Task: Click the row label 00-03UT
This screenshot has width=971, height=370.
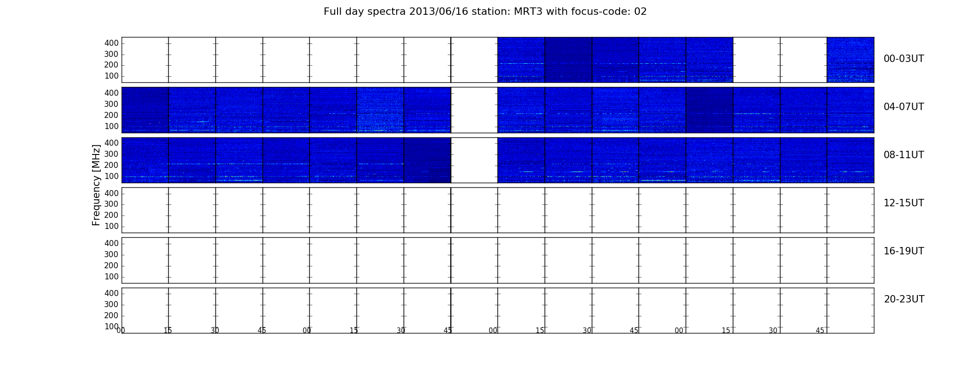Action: click(x=903, y=59)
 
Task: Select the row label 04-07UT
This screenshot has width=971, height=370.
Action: click(x=903, y=107)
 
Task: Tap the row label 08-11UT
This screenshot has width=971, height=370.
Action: click(x=903, y=155)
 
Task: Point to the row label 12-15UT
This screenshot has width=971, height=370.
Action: click(x=903, y=203)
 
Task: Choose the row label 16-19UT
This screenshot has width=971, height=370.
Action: click(x=903, y=251)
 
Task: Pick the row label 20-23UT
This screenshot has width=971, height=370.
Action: click(x=904, y=299)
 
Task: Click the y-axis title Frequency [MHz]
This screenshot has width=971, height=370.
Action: click(x=96, y=185)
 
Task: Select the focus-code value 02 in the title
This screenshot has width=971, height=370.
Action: click(x=640, y=12)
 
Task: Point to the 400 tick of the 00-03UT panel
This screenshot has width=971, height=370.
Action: click(x=111, y=43)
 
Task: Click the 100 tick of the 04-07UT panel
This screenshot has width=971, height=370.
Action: click(x=111, y=126)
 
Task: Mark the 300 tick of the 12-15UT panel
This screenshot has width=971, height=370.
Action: click(x=111, y=204)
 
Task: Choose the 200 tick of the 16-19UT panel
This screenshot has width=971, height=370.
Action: click(x=111, y=265)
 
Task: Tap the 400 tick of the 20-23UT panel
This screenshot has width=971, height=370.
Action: click(x=111, y=293)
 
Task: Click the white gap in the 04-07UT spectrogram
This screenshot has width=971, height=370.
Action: click(x=474, y=110)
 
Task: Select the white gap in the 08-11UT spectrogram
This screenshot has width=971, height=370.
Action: click(x=474, y=160)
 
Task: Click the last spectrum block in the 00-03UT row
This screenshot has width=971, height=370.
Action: click(x=850, y=60)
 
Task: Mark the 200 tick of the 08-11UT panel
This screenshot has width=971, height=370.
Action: click(x=111, y=165)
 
